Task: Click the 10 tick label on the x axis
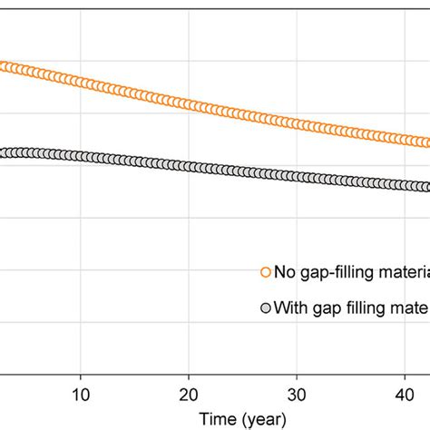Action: pyautogui.click(x=81, y=396)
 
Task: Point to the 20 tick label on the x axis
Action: pyautogui.click(x=188, y=396)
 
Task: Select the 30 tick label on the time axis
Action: pyautogui.click(x=295, y=396)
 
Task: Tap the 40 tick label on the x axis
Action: pyautogui.click(x=402, y=396)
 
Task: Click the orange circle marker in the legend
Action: pyautogui.click(x=266, y=271)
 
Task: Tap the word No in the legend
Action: pyautogui.click(x=284, y=271)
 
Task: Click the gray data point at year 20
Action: pyautogui.click(x=188, y=167)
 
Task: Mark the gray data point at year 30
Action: pyautogui.click(x=295, y=176)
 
